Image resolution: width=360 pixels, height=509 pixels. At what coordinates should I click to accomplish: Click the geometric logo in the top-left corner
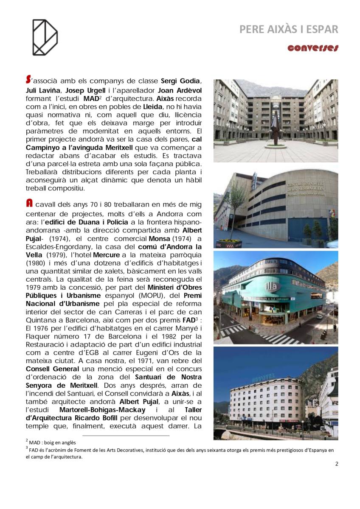tap(45, 37)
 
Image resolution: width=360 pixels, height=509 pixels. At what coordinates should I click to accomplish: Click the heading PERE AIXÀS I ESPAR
tap(289, 29)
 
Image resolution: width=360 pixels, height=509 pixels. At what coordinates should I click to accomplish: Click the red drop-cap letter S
tap(28, 79)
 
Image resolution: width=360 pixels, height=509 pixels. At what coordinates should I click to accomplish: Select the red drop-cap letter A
tap(28, 204)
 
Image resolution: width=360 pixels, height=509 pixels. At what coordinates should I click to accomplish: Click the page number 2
tap(337, 464)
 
